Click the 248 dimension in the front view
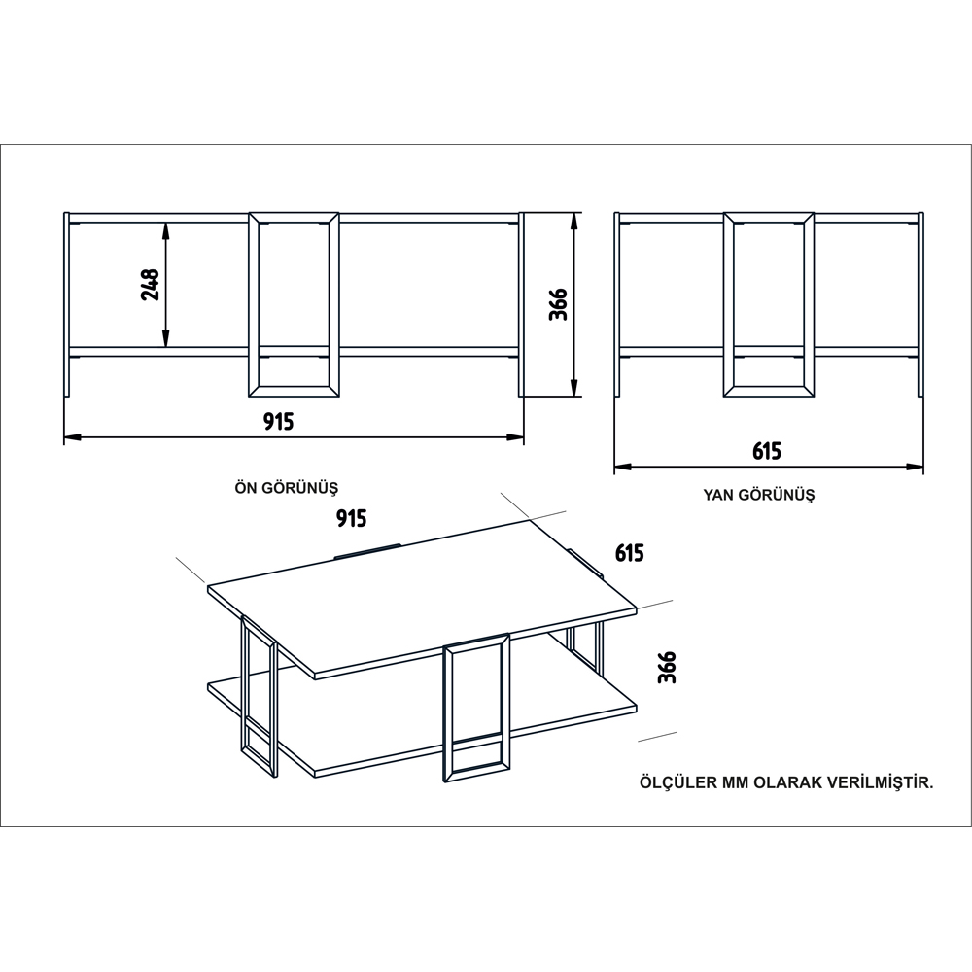click(x=151, y=285)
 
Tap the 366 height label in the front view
click(x=559, y=303)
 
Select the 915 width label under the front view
click(x=278, y=422)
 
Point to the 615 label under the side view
click(x=767, y=451)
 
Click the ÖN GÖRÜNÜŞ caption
click(x=287, y=488)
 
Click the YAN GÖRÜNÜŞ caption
click(x=759, y=495)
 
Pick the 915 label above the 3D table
click(x=352, y=518)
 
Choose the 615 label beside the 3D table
click(x=630, y=552)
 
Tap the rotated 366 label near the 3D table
click(x=667, y=667)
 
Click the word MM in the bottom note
click(x=735, y=782)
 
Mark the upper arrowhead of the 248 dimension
click(x=165, y=230)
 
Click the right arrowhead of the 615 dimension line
click(x=915, y=467)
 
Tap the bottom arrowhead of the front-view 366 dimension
click(x=574, y=388)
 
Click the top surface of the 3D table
click(x=423, y=595)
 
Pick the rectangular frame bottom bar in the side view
click(x=769, y=391)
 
